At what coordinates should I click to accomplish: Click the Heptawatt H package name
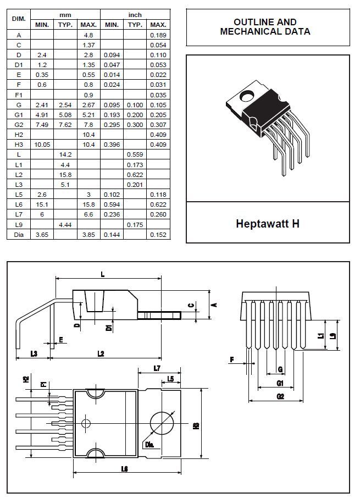pyautogui.click(x=267, y=224)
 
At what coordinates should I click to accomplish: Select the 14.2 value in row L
pyautogui.click(x=65, y=154)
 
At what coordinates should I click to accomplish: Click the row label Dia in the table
pyautogui.click(x=19, y=235)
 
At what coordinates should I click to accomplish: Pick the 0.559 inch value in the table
pyautogui.click(x=135, y=154)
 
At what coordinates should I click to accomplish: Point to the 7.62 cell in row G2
pyautogui.click(x=65, y=125)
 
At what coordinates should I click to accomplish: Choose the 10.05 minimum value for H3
pyautogui.click(x=42, y=145)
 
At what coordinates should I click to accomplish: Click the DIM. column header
pyautogui.click(x=19, y=19)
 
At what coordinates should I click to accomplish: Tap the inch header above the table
pyautogui.click(x=135, y=15)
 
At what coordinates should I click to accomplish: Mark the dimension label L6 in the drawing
pyautogui.click(x=124, y=469)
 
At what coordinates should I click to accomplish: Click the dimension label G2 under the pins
pyautogui.click(x=280, y=396)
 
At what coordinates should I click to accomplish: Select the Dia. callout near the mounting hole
pyautogui.click(x=149, y=444)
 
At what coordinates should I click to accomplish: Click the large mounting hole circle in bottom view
pyautogui.click(x=163, y=424)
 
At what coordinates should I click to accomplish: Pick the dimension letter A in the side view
pyautogui.click(x=215, y=305)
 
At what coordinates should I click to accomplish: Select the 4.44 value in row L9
pyautogui.click(x=65, y=225)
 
